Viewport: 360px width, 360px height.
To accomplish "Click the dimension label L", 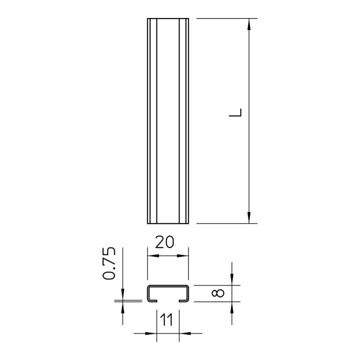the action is (x=235, y=112).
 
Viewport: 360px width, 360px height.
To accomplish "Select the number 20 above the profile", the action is (x=164, y=242).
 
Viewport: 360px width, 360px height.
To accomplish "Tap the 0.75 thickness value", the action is (x=108, y=263).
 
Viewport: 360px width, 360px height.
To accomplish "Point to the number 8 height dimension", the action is (x=218, y=293).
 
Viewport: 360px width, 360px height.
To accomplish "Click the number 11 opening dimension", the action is (x=166, y=320).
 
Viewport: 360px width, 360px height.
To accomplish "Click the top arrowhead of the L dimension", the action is (x=249, y=24).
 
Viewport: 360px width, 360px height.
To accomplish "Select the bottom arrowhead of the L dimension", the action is (x=249, y=217).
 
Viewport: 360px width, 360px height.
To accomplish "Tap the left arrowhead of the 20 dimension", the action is (x=153, y=256).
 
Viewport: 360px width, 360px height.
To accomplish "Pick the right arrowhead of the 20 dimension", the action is (x=182, y=256).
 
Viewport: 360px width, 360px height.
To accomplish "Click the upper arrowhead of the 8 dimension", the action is (x=232, y=279).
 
